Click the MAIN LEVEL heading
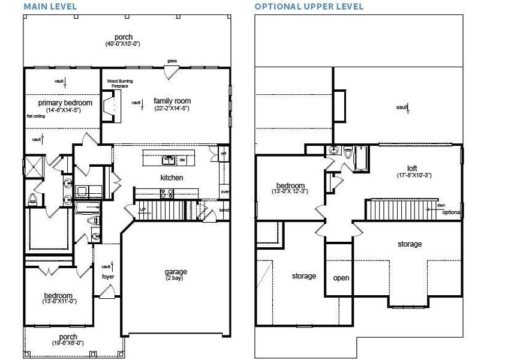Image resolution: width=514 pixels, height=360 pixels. click(x=50, y=7)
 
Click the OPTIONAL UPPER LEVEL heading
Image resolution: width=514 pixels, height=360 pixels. click(x=308, y=7)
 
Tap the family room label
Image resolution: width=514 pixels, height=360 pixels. click(x=172, y=101)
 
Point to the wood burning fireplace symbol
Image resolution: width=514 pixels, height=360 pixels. click(x=109, y=106)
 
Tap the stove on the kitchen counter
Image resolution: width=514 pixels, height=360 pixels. click(x=166, y=193)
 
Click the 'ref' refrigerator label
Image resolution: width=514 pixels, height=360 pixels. click(x=223, y=154)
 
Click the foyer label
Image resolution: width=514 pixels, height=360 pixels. click(x=108, y=277)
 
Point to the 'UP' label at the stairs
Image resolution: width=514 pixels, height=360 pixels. click(x=142, y=209)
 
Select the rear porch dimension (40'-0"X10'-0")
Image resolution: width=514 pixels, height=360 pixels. click(x=123, y=44)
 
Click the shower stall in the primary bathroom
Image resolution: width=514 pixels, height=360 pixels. click(x=35, y=164)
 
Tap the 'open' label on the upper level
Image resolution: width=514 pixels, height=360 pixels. click(x=341, y=278)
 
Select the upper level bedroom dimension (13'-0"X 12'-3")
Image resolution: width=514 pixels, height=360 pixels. click(x=290, y=191)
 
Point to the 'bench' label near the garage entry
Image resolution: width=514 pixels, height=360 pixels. click(x=225, y=211)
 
